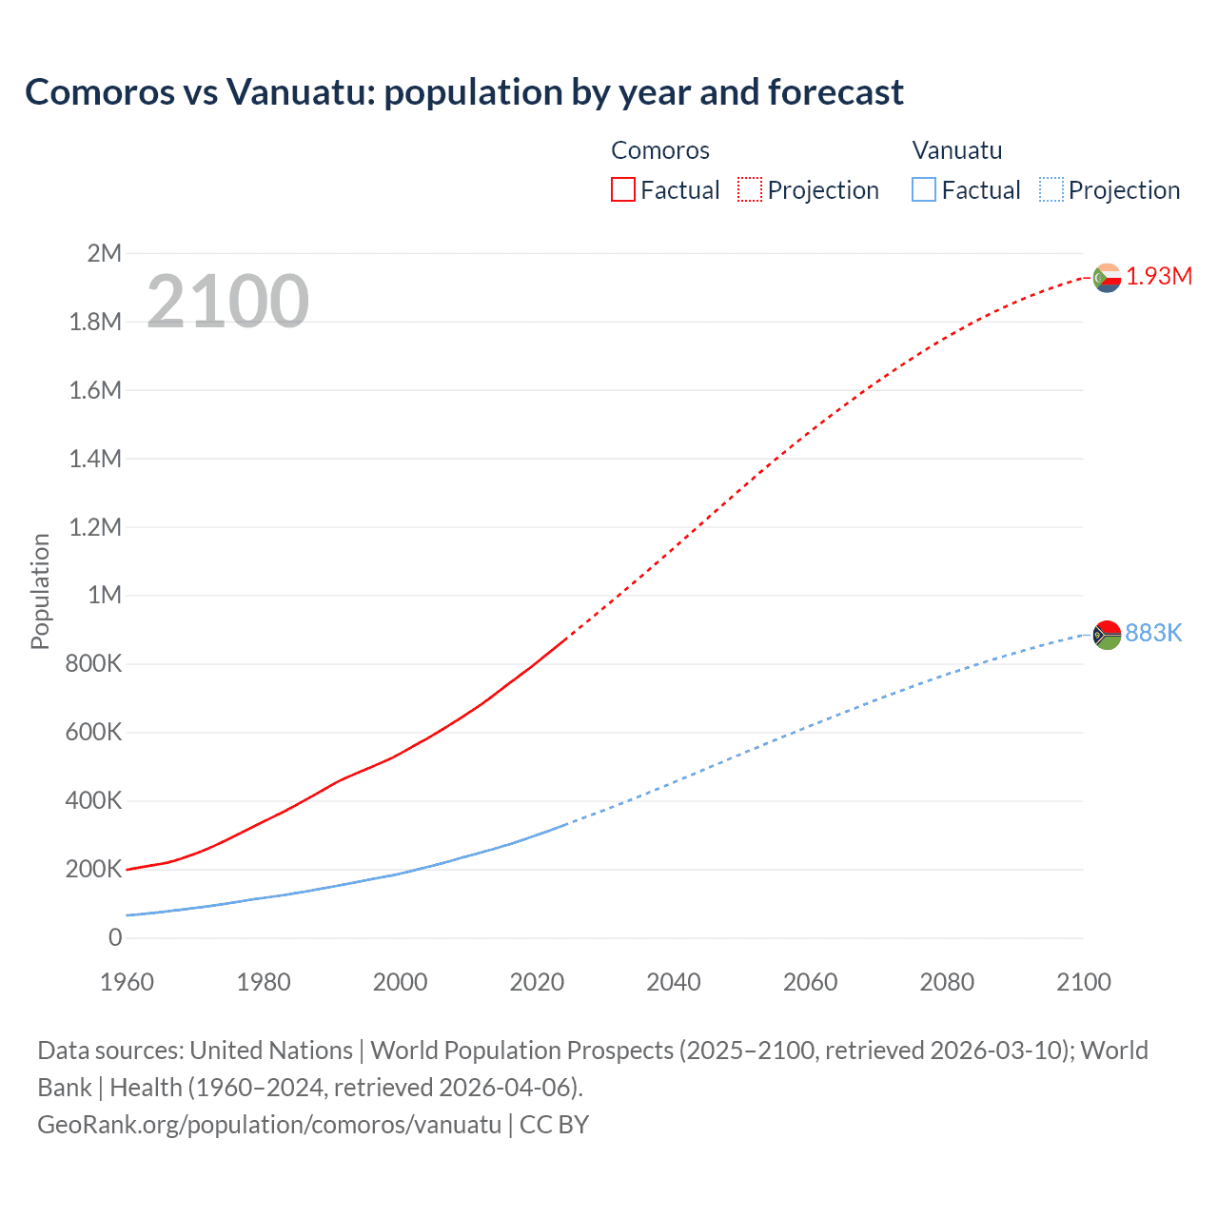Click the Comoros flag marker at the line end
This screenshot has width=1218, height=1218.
1107,278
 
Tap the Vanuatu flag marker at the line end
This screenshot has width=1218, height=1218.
1107,635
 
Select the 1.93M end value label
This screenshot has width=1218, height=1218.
1159,276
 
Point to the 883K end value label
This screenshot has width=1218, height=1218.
1153,634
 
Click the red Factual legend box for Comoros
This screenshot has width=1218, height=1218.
622,190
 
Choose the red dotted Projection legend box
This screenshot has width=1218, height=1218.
750,190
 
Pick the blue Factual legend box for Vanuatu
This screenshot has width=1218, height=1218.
923,190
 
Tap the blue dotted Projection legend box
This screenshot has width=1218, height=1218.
1051,190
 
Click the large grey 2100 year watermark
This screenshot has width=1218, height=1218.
227,302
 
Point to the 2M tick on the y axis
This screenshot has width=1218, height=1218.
104,253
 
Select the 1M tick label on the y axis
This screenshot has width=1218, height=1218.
105,596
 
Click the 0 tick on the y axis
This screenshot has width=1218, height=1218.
115,938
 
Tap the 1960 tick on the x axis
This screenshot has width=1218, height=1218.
127,982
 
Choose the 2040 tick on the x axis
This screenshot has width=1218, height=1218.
674,982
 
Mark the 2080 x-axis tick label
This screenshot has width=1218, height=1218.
947,982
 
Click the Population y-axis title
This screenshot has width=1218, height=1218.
40,592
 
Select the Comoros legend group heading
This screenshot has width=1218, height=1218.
660,150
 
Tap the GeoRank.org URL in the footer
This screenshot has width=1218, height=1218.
269,1125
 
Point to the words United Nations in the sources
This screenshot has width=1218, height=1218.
271,1051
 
